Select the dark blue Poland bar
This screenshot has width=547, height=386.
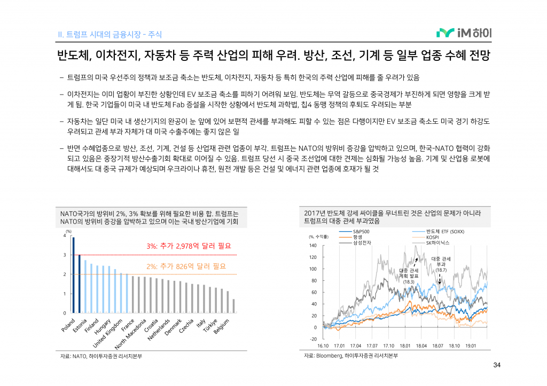coord(73,275)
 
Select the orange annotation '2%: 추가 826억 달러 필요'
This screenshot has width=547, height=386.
coord(186,266)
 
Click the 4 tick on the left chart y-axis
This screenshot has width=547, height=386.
coord(65,235)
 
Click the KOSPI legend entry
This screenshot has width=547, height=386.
coord(432,237)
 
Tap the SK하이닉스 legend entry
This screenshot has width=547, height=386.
coord(437,243)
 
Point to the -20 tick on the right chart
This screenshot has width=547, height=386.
coord(313,339)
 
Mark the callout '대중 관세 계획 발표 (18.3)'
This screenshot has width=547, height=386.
coord(409,276)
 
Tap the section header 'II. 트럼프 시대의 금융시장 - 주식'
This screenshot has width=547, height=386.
coord(110,35)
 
